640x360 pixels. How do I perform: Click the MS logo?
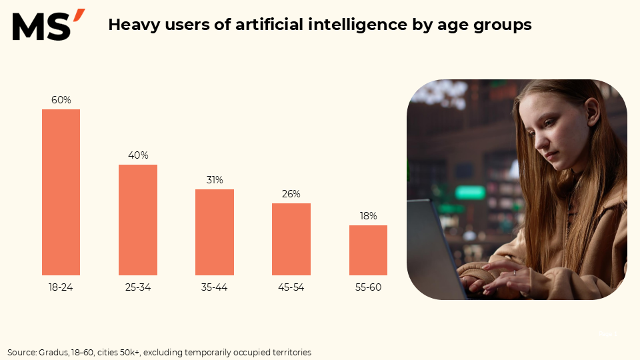[48, 25]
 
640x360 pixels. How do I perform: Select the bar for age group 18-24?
[61, 192]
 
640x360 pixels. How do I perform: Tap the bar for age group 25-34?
[138, 220]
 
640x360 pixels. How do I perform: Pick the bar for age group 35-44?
[215, 232]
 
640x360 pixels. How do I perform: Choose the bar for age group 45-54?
[291, 239]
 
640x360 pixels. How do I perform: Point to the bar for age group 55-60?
[368, 250]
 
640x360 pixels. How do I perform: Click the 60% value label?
[61, 100]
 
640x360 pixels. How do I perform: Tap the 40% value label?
[138, 155]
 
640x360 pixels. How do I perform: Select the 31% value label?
[215, 180]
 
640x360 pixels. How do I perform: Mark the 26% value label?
[291, 194]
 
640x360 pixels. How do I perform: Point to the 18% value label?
[368, 216]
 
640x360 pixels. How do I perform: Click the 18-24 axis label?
[61, 288]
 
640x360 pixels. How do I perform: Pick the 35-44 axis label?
[215, 288]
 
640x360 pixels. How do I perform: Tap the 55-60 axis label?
[368, 288]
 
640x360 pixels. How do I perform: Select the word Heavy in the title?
[131, 25]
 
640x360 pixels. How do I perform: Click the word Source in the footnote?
[21, 352]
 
